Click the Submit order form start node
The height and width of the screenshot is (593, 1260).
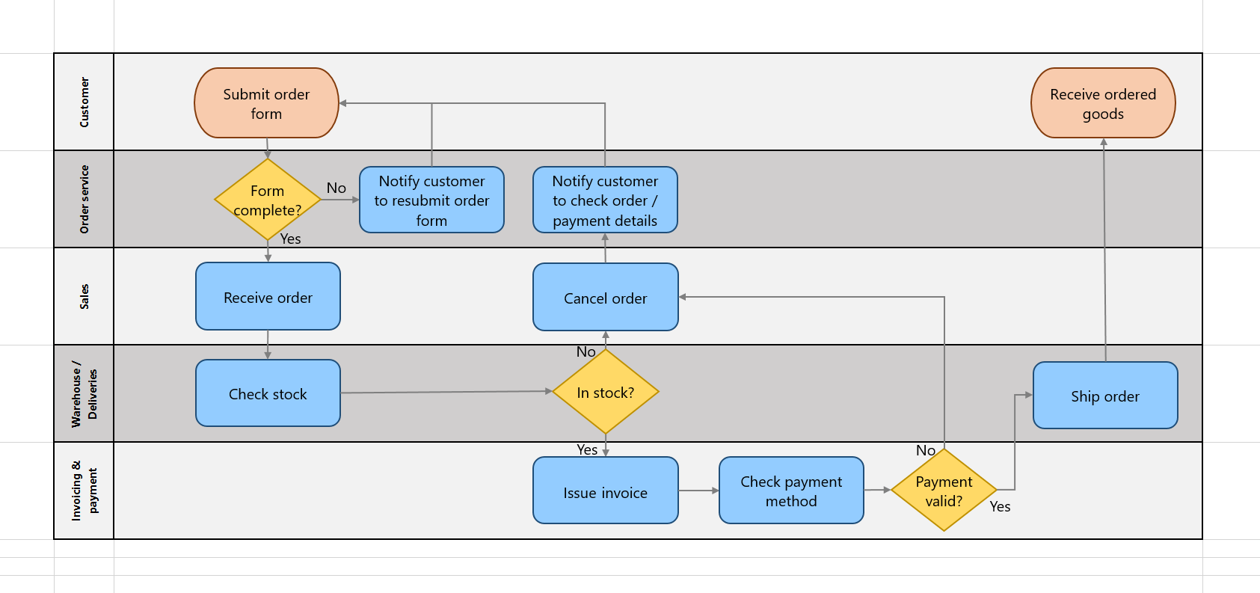[266, 103]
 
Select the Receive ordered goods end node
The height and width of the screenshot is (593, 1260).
[1103, 103]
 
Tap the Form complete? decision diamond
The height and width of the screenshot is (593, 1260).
[268, 200]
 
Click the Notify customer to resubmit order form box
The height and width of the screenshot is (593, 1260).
[431, 200]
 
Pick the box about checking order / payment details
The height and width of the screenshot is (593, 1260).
[605, 200]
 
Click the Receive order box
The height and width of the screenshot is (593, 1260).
[268, 297]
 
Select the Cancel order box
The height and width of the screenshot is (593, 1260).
[605, 298]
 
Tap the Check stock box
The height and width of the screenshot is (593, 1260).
[268, 393]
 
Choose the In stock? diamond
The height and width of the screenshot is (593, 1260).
[605, 392]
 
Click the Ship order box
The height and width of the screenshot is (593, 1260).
[1104, 396]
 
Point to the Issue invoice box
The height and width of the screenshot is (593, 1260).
[605, 491]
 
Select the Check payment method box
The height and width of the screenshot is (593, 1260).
[791, 491]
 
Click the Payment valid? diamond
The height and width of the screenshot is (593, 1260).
[944, 491]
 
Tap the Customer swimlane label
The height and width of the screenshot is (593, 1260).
[84, 102]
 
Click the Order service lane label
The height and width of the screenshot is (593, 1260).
[84, 199]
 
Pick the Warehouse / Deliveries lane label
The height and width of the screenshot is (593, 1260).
[84, 394]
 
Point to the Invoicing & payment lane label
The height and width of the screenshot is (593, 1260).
[84, 491]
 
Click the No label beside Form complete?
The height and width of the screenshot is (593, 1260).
[336, 188]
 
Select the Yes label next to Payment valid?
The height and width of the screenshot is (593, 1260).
[1000, 506]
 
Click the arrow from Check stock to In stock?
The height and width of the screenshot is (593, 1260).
[446, 392]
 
